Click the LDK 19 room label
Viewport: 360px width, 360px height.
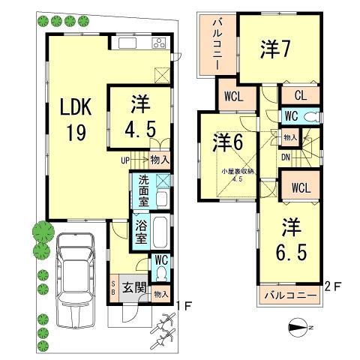[76, 121]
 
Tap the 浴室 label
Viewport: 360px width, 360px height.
[140, 232]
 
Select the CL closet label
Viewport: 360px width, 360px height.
[298, 95]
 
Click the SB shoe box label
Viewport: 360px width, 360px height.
[113, 289]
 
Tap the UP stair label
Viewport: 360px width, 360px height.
[126, 159]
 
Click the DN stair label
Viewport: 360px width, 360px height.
[286, 157]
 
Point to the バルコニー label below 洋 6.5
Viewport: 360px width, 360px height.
[290, 296]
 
